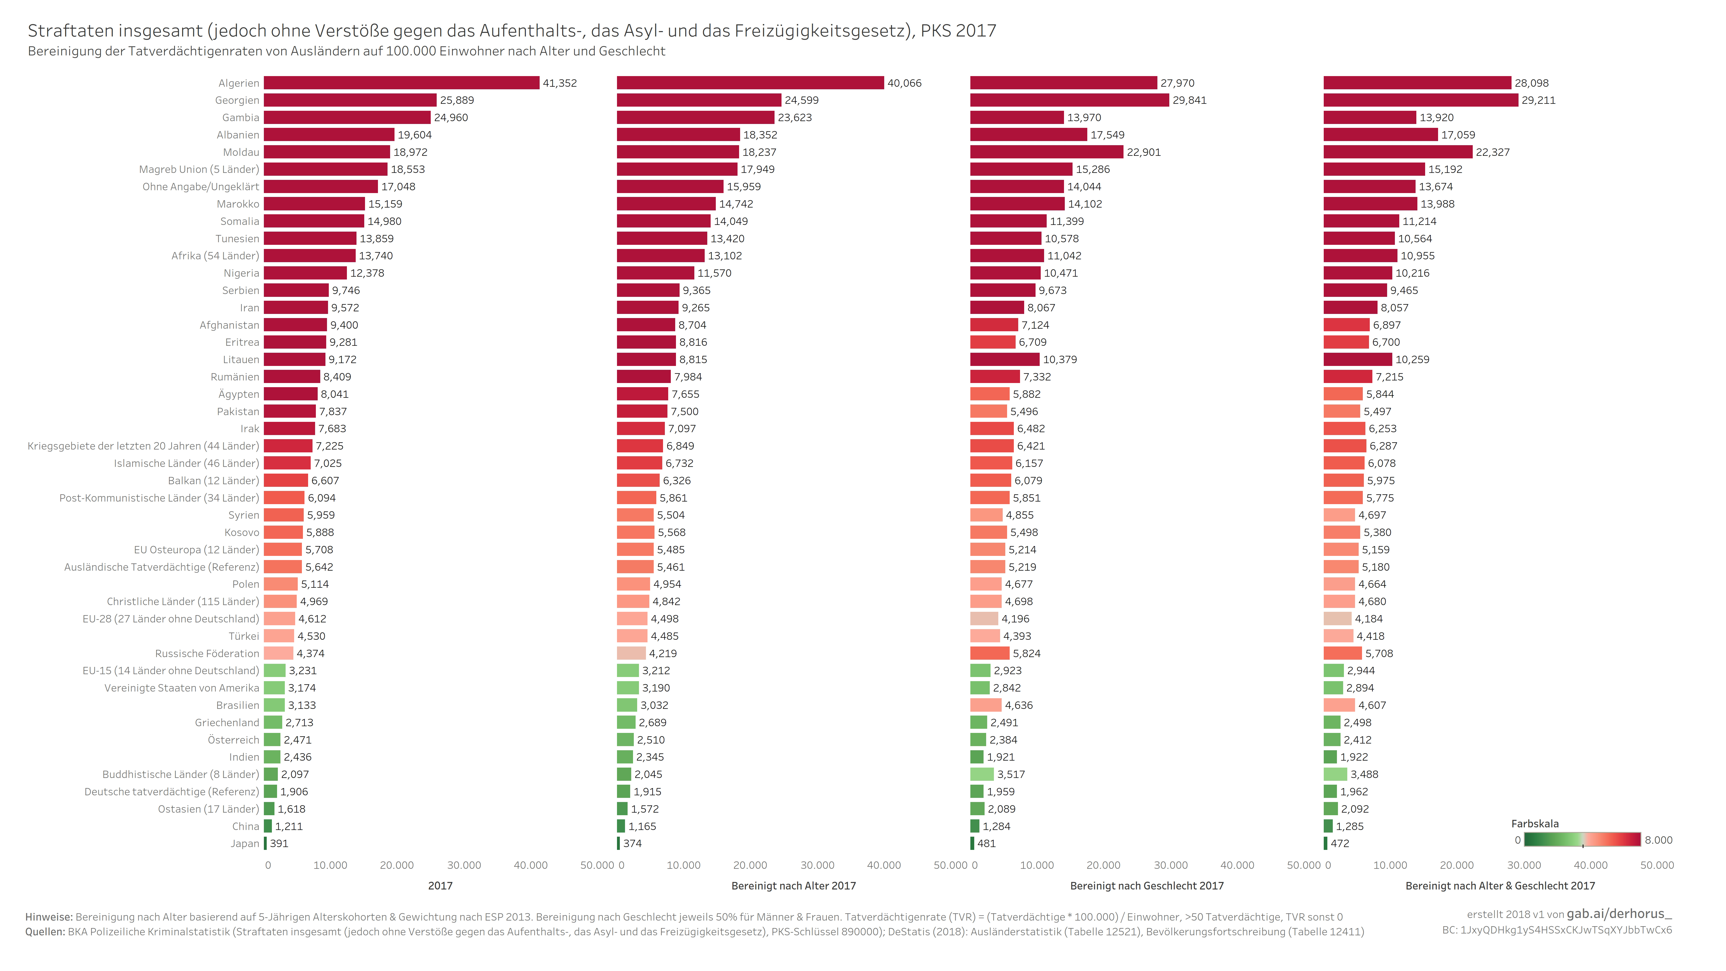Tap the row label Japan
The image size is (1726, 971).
(244, 843)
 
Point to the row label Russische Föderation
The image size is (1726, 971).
(207, 653)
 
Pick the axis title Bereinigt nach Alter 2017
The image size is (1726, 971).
(793, 885)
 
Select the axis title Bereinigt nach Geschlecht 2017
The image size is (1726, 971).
(1147, 885)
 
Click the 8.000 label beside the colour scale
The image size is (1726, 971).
(1658, 840)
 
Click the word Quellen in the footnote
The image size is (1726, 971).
(45, 931)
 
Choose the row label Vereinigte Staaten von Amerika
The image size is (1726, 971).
(182, 688)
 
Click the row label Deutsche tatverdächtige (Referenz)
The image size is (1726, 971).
(172, 791)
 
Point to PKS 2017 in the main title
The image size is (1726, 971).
(958, 31)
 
